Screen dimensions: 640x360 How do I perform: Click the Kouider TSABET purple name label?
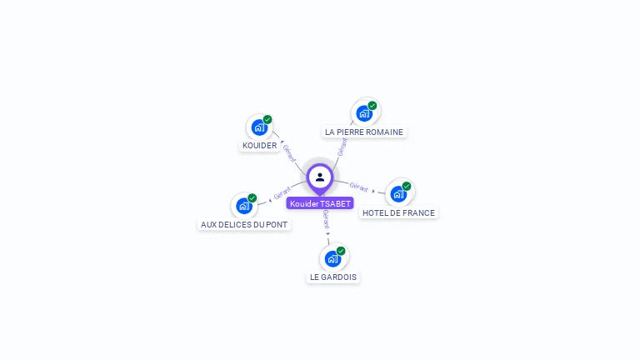(x=320, y=203)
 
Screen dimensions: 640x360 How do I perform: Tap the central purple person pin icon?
(x=320, y=177)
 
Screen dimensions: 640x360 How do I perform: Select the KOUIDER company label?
(x=259, y=146)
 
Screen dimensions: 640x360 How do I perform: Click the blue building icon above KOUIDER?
(x=259, y=127)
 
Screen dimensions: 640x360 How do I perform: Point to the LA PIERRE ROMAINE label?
(x=364, y=132)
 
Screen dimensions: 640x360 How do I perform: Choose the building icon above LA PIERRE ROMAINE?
(x=363, y=113)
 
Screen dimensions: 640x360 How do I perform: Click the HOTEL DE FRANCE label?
(x=398, y=212)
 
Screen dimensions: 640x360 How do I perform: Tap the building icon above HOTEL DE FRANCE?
(x=398, y=194)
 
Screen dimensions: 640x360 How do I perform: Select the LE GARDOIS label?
(x=333, y=277)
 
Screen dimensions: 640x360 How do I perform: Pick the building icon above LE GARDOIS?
(x=333, y=258)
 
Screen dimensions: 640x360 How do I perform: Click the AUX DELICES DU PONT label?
(x=244, y=224)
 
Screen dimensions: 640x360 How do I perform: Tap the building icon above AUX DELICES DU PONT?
(x=244, y=206)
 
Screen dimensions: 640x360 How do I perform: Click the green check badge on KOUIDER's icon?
(x=267, y=119)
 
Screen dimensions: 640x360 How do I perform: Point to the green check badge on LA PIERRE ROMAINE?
(x=372, y=106)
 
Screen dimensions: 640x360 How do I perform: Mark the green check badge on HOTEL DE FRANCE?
(x=407, y=186)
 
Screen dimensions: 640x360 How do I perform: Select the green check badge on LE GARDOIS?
(x=341, y=251)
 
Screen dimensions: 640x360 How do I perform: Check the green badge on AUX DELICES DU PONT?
(x=252, y=198)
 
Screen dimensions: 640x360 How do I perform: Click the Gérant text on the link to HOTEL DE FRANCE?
(x=359, y=187)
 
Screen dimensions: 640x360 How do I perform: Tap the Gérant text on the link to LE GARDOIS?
(x=326, y=219)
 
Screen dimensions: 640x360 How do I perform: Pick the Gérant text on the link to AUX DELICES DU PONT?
(x=282, y=194)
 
